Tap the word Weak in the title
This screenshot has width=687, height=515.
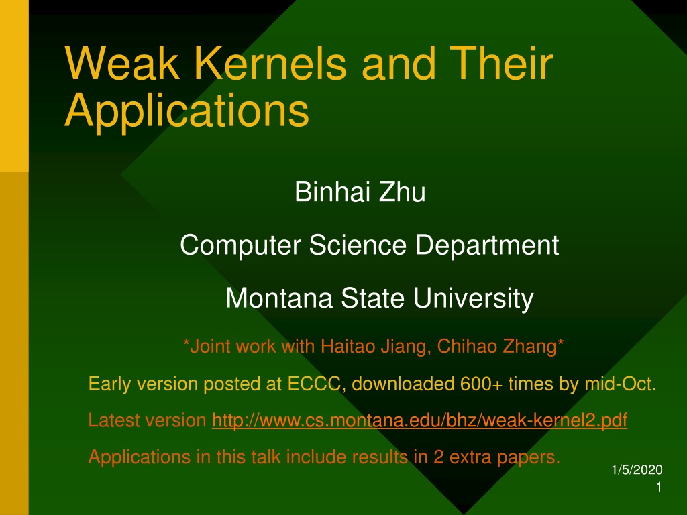pos(122,63)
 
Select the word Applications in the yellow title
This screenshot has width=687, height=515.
pos(187,111)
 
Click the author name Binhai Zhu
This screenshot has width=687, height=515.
pos(360,192)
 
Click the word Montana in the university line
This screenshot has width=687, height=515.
pos(279,298)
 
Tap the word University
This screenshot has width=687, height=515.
pos(473,299)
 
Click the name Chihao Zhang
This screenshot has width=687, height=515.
pos(497,346)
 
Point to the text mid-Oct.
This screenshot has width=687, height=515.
pos(621,384)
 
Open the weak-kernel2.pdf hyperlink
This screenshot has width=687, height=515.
pos(420,420)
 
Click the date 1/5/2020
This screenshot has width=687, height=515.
pos(637,470)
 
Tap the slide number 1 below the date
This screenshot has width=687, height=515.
pos(659,487)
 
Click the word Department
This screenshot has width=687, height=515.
pos(487,245)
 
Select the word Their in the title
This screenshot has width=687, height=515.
pos(500,63)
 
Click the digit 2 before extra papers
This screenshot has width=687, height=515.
pos(439,457)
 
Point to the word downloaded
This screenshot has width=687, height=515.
pos(403,384)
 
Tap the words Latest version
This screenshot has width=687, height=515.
pos(147,420)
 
